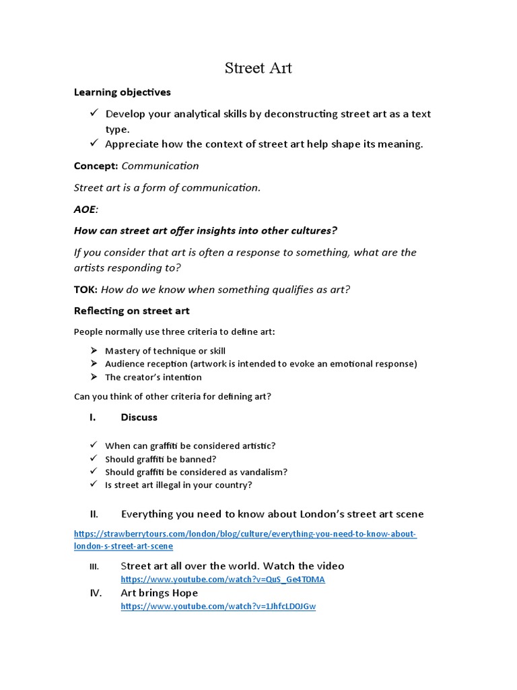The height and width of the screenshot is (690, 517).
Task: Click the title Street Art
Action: coord(258,68)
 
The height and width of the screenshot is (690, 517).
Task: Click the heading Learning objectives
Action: coord(122,92)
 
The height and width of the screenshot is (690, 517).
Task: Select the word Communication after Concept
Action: coord(160,166)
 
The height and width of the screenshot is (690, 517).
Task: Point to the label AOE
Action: coord(85,209)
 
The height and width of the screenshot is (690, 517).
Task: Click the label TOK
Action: coord(85,290)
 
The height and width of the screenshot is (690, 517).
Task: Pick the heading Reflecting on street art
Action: coord(131,311)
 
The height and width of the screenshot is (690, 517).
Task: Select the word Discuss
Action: coord(139,417)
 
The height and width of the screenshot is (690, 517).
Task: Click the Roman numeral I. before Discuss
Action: coord(92,417)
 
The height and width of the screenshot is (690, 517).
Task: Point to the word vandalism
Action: coord(261,472)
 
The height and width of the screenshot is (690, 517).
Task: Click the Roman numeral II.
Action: coord(94,514)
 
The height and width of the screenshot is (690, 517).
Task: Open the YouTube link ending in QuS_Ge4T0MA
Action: coord(222,579)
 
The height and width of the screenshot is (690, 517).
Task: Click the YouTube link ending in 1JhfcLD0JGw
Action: coord(218,606)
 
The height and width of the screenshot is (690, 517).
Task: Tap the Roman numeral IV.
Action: coord(96,593)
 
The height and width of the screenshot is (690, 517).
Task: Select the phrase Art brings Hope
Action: coord(159,593)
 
